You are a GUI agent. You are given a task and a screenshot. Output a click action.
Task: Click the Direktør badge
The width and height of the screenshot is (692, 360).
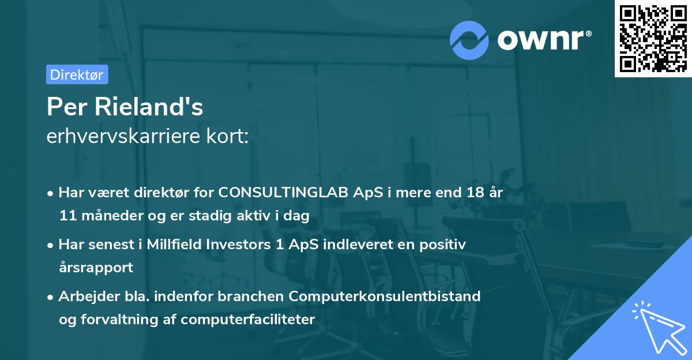click(x=77, y=74)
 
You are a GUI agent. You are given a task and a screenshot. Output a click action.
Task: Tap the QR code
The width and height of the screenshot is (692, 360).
click(x=653, y=39)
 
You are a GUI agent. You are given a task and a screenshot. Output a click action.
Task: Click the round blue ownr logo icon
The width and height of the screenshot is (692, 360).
click(x=469, y=40)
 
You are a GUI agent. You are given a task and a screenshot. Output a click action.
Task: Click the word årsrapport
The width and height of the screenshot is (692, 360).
click(x=96, y=267)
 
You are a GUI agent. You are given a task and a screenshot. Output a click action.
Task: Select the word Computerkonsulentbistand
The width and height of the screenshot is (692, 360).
click(x=385, y=297)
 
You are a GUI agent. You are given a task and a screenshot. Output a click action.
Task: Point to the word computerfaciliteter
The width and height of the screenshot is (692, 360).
click(x=248, y=319)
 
